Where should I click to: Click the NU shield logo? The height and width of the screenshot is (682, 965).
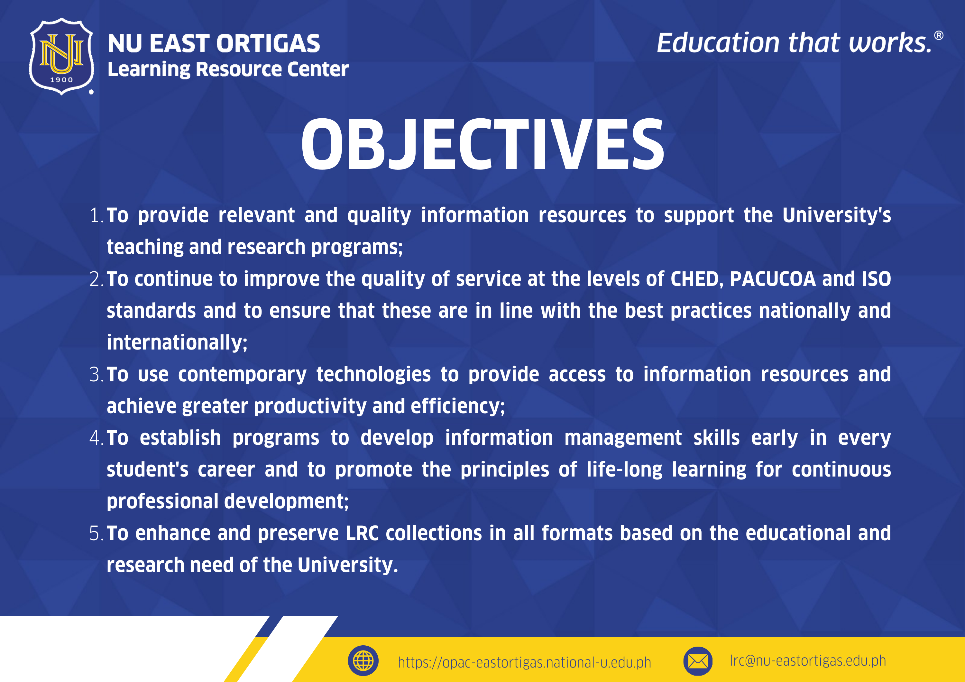point(61,56)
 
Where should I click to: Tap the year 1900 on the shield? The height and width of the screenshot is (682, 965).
point(61,80)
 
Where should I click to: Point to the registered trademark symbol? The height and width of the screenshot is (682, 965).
point(939,36)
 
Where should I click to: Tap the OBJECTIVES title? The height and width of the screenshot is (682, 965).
point(482,144)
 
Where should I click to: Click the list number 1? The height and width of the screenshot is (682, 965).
point(96,215)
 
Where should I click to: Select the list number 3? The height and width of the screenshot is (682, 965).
point(96,374)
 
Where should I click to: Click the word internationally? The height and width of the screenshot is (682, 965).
point(177,343)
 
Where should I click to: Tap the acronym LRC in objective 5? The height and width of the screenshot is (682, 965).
point(362,533)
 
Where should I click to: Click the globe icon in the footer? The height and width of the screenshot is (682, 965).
point(363,660)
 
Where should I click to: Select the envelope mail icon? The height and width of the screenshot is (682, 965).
point(698,661)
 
